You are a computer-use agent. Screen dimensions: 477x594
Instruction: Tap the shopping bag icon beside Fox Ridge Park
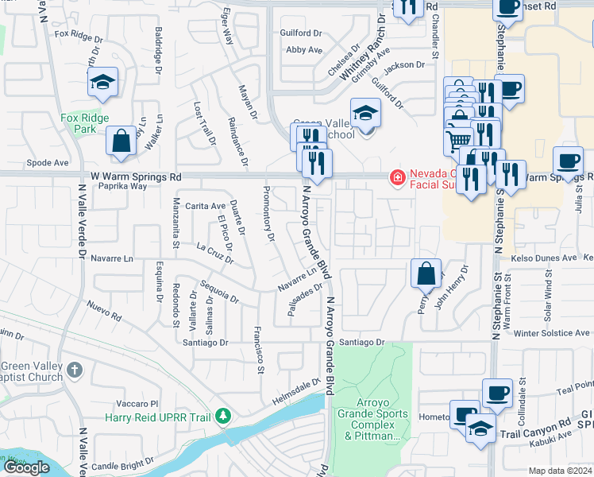(121, 141)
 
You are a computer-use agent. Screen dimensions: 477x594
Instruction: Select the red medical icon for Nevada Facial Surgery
(395, 177)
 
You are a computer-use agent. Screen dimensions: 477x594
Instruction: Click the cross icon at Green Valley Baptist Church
(74, 370)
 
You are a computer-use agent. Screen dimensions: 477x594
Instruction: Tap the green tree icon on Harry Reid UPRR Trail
(225, 416)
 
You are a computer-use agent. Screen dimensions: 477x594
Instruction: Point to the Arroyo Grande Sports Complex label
(372, 419)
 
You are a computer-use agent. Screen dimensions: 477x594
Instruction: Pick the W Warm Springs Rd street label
(136, 176)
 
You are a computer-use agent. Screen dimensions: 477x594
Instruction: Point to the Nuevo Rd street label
(104, 311)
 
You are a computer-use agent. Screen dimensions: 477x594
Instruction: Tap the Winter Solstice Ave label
(547, 333)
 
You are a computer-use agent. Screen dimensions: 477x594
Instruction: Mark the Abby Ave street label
(303, 49)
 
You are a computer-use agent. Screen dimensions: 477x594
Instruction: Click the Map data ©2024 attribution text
(560, 471)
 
